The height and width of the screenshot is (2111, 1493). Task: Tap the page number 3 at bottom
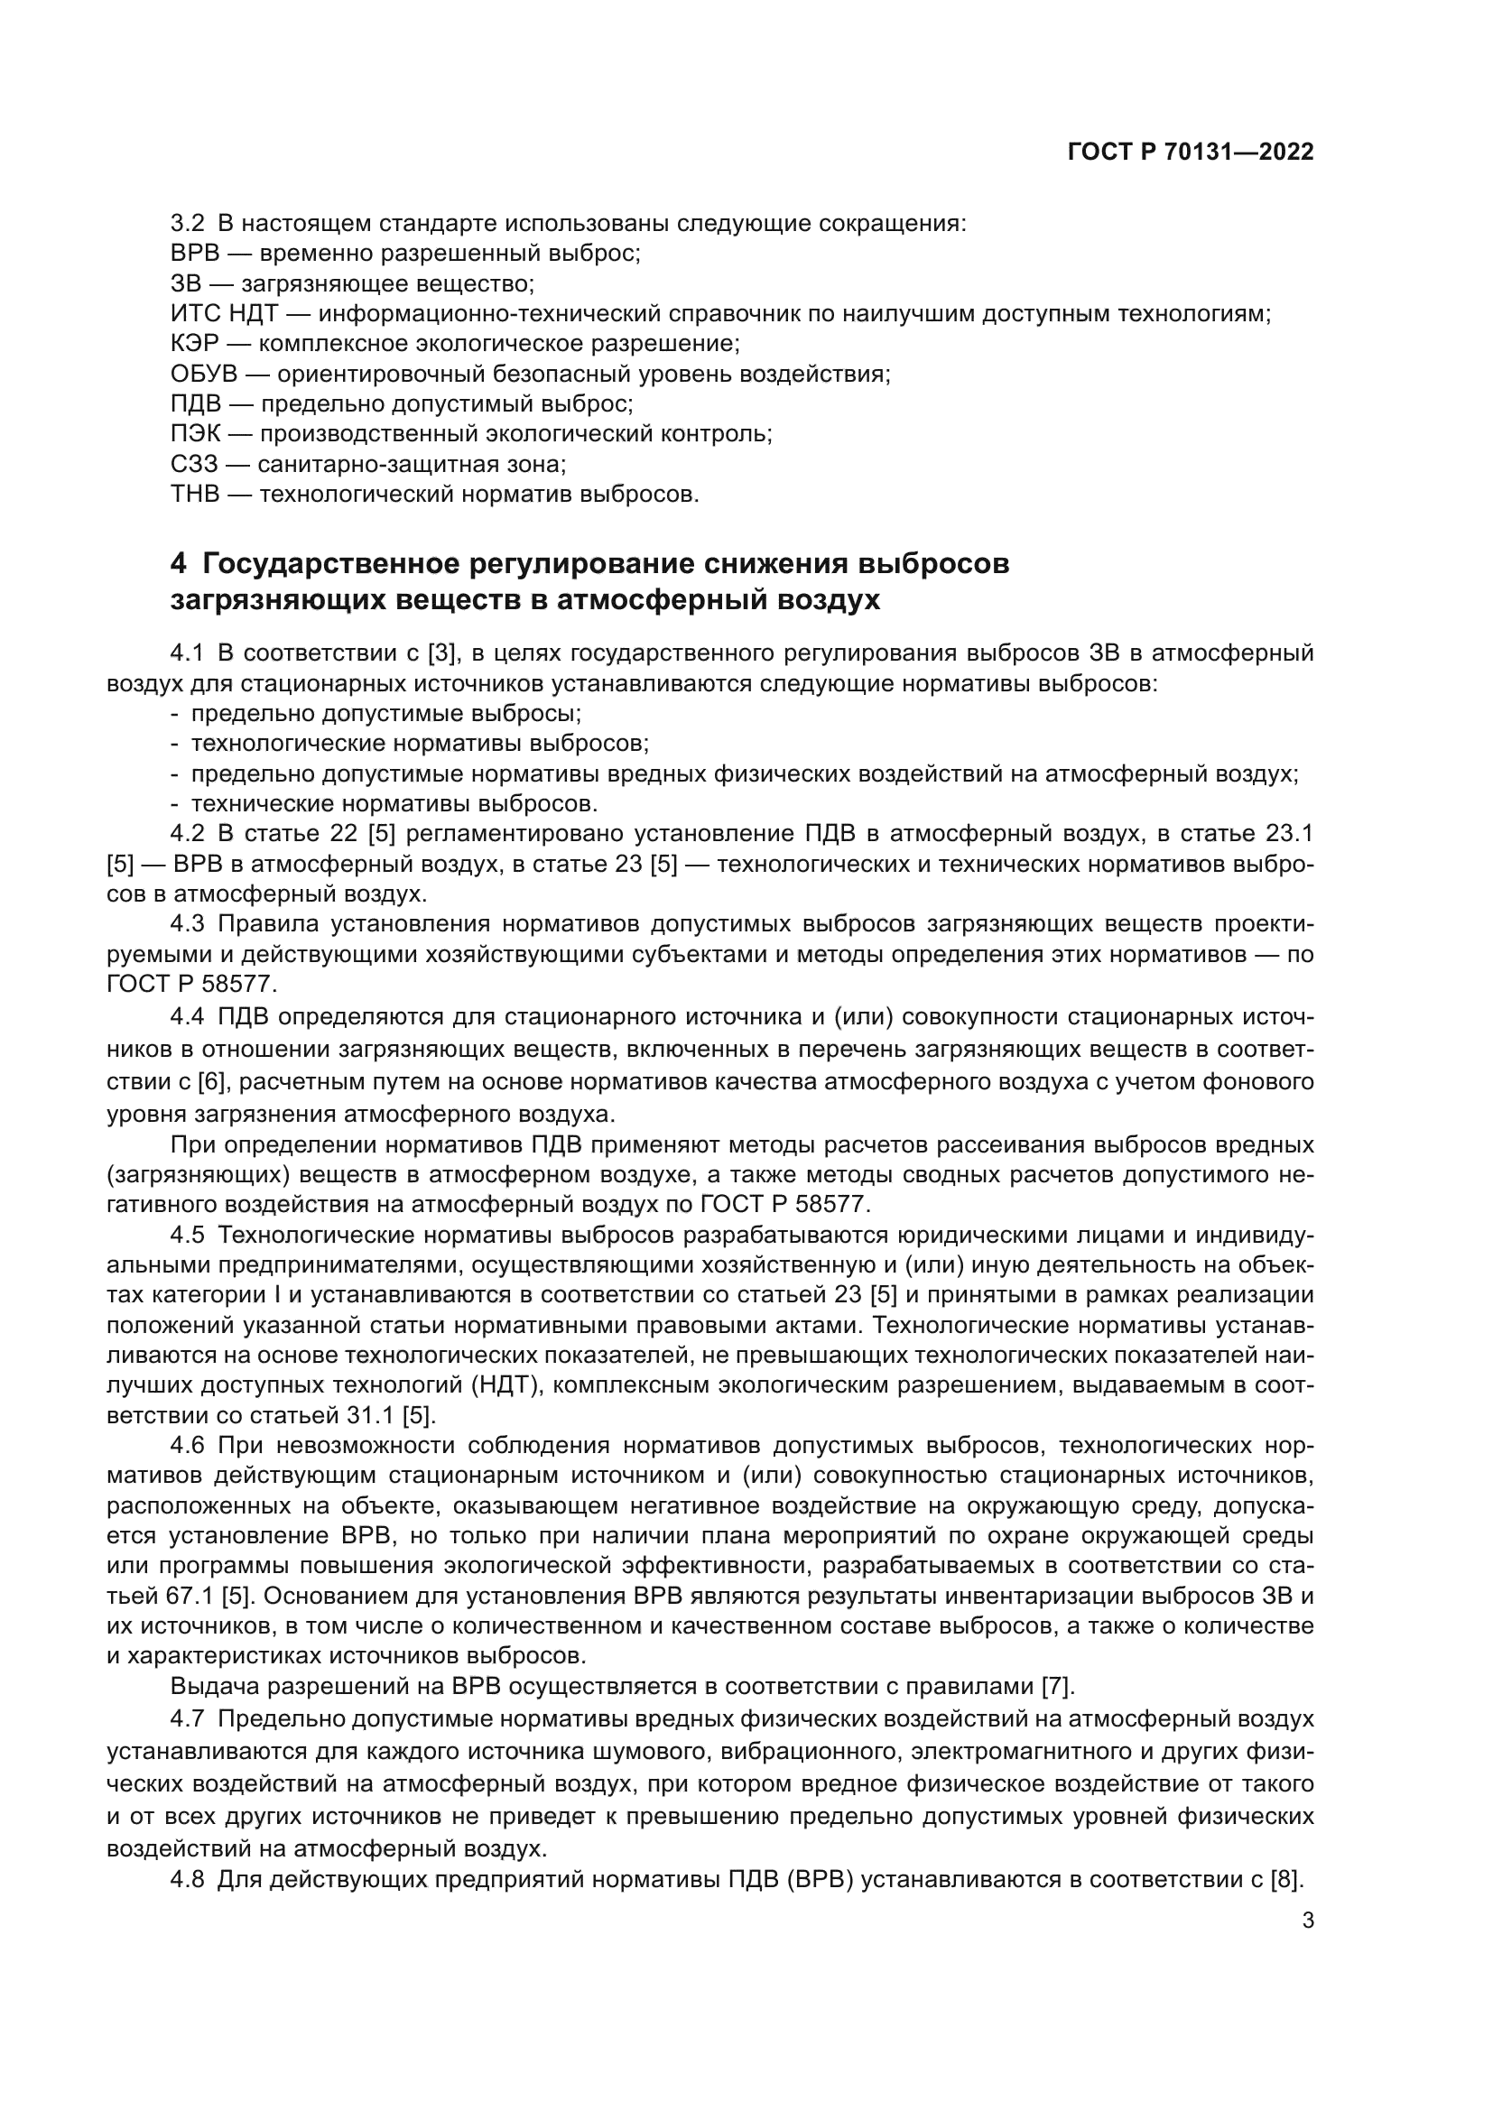click(x=1308, y=1921)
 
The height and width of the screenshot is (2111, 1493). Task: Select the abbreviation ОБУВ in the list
click(x=204, y=375)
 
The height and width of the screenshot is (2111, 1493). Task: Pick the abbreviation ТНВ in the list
click(x=195, y=495)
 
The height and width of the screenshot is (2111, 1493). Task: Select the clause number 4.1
click(x=187, y=653)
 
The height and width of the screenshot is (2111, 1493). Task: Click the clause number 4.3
click(x=187, y=924)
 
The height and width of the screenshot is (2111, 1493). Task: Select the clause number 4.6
click(x=187, y=1446)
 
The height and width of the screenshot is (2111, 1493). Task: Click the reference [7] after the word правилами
click(x=1056, y=1687)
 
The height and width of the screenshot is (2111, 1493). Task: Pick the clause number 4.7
click(x=187, y=1718)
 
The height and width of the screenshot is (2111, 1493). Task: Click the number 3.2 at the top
click(x=187, y=224)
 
